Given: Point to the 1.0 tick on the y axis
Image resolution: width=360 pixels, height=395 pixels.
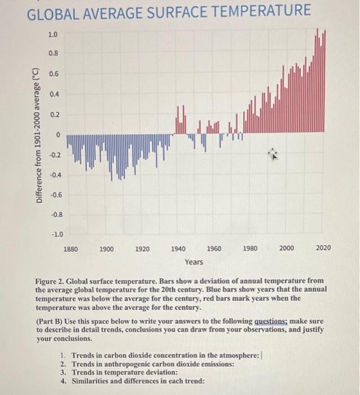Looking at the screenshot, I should (52, 34).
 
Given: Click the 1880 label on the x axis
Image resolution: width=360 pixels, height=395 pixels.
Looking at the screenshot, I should (72, 248).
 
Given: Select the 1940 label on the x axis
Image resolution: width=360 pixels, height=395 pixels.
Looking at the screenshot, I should (178, 248).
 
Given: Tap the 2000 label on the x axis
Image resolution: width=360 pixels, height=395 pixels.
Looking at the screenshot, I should (286, 248).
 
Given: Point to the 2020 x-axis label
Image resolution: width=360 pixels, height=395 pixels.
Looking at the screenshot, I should (323, 248).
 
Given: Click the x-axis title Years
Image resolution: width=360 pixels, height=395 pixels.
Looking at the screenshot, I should (194, 262).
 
